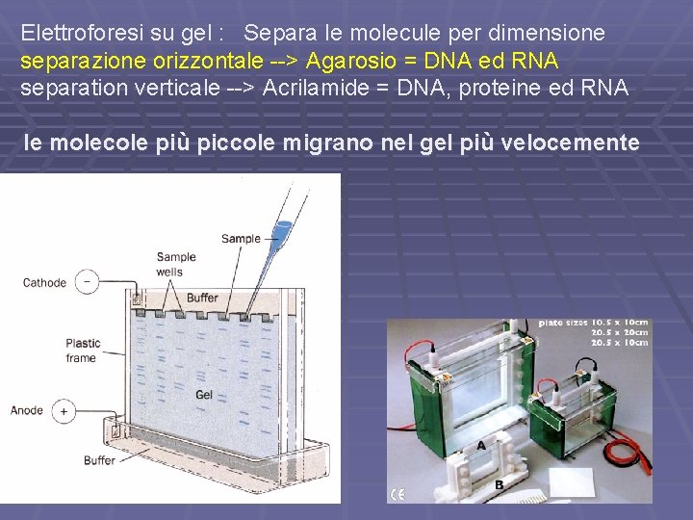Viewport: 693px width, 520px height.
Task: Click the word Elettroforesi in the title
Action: [80, 33]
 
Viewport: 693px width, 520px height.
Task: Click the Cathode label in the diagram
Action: [44, 283]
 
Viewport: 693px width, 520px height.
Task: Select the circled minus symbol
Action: [88, 282]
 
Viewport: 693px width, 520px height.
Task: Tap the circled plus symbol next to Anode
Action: [64, 411]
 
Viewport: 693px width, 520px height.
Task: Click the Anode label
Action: [27, 410]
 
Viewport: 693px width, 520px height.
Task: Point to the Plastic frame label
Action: [82, 351]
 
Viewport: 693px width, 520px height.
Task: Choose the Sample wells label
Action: [176, 264]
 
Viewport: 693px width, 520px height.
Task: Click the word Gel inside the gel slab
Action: [204, 395]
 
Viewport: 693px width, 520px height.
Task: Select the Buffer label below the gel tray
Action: [99, 460]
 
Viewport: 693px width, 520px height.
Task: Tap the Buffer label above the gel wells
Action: [202, 299]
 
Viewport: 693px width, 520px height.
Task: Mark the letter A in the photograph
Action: [480, 445]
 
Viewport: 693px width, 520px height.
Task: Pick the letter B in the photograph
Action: [499, 485]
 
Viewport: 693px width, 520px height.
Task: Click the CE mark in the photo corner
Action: [397, 494]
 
